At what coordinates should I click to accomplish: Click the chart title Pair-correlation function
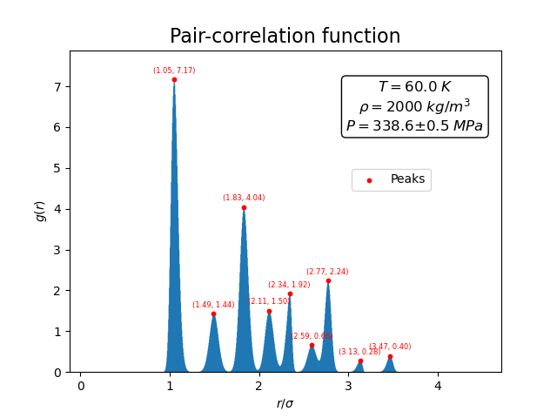[285, 37]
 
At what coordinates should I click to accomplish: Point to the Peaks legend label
[407, 179]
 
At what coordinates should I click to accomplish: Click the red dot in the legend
[369, 180]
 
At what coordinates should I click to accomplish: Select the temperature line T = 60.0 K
[414, 87]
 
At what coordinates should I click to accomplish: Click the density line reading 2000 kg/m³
[414, 106]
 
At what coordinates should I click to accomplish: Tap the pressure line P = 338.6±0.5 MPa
[414, 125]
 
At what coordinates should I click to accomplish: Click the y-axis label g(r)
[40, 211]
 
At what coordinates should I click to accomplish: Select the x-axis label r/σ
[285, 403]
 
